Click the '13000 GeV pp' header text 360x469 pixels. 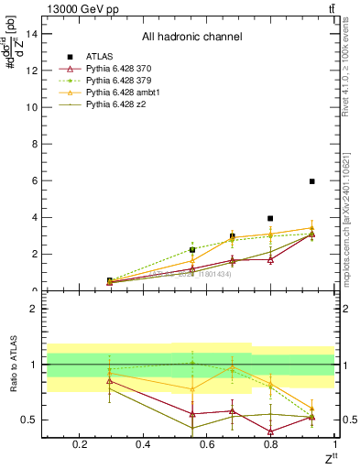(78, 7)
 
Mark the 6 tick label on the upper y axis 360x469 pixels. (33, 181)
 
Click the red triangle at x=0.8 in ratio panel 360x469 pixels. (270, 431)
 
